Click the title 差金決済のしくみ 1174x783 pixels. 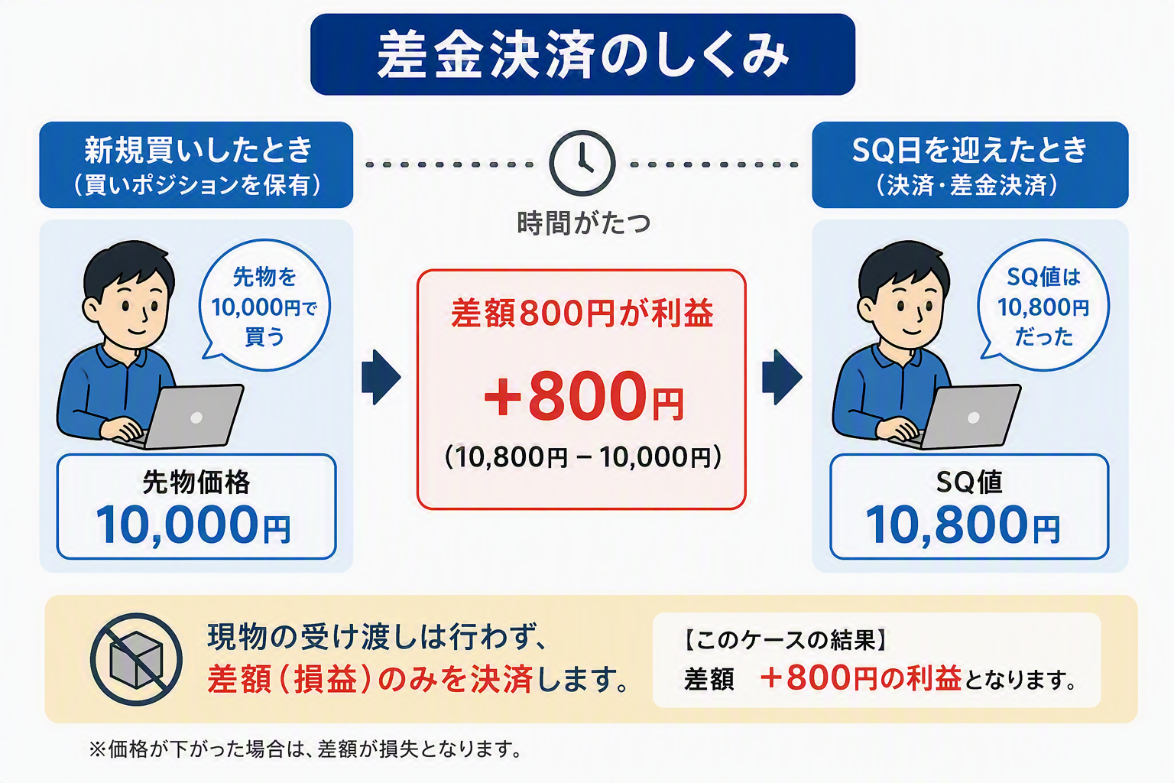583,55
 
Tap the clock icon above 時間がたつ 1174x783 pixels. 582,163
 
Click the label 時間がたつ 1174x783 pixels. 583,223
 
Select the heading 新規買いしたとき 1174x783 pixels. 199,150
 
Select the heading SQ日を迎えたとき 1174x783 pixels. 970,150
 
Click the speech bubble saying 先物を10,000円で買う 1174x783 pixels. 264,304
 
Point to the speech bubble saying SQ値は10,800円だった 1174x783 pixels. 1043,304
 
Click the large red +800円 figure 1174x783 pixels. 583,396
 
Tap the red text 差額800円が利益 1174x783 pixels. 582,313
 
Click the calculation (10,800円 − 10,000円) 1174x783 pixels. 583,456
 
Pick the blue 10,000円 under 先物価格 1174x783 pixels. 193,525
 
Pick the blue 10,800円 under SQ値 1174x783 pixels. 963,525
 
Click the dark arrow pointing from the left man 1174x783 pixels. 381,377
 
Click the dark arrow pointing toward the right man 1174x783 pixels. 782,377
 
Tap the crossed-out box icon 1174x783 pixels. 136,659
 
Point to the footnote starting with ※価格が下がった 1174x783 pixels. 305,749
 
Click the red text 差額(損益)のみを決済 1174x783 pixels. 370,679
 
